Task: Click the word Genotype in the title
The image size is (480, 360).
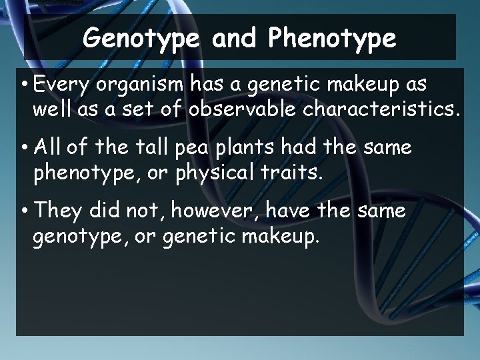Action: click(x=141, y=38)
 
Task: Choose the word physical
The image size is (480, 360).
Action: click(x=212, y=173)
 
